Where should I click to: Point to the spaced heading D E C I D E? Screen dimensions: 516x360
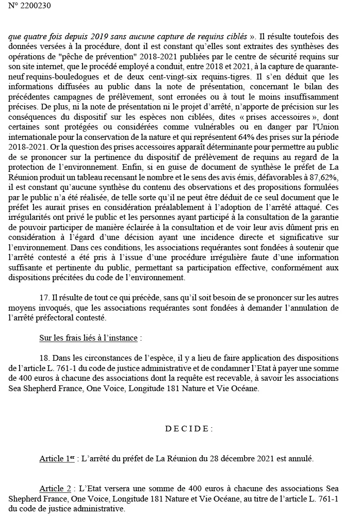point(188,428)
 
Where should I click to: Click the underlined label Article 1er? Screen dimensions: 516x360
point(57,459)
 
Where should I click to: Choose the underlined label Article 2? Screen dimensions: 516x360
point(55,488)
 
